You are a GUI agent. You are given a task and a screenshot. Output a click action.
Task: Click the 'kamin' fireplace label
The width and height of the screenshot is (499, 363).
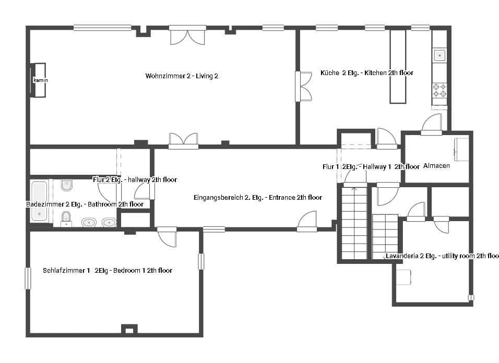(40, 80)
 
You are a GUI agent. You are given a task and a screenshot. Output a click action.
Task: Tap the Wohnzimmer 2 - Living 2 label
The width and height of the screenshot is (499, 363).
(182, 76)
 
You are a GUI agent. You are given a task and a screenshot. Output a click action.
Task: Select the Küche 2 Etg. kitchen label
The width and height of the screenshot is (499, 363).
(366, 73)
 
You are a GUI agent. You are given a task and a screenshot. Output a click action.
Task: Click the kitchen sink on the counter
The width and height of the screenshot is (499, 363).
(440, 55)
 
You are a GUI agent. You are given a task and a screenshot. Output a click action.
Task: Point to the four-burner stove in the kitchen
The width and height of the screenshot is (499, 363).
(439, 90)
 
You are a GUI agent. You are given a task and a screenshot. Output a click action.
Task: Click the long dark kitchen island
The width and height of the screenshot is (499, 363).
(397, 66)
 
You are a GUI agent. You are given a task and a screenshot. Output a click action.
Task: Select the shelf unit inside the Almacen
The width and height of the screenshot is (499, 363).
(461, 150)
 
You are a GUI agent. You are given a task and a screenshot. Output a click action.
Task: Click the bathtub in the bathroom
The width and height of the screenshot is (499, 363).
(40, 201)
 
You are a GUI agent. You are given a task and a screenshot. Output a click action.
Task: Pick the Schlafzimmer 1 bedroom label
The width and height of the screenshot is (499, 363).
(108, 271)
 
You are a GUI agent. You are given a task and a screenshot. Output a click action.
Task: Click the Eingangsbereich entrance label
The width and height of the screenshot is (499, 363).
(257, 198)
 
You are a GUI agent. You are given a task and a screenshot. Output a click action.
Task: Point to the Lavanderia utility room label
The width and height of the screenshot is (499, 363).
(442, 256)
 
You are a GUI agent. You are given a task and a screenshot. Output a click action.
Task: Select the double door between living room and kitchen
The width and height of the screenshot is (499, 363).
(304, 87)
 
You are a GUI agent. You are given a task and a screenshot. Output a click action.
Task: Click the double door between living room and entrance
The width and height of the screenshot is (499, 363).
(183, 140)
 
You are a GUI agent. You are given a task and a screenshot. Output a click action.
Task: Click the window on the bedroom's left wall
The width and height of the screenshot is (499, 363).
(28, 278)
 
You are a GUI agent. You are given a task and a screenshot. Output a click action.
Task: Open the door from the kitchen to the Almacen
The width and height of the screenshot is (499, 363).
(432, 125)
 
